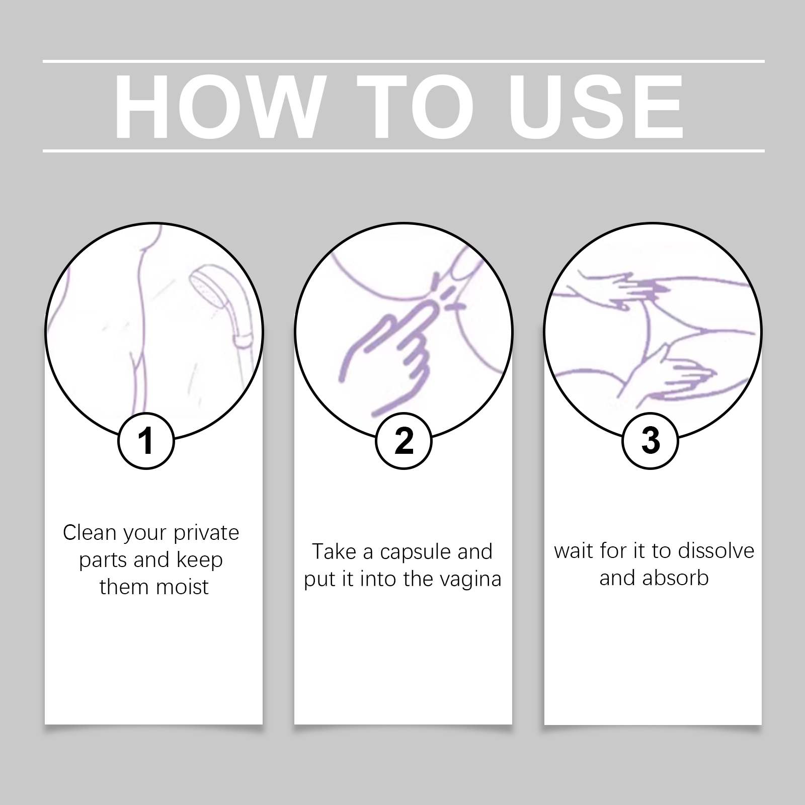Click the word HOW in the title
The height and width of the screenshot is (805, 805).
218,107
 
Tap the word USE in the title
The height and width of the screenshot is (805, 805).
596,107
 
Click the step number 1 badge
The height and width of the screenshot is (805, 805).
146,441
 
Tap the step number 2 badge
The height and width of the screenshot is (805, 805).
404,441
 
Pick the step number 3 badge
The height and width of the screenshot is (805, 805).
651,441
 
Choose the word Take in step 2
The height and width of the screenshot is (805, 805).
334,551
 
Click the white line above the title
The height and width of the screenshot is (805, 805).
404,61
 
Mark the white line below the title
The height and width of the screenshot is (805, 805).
404,150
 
